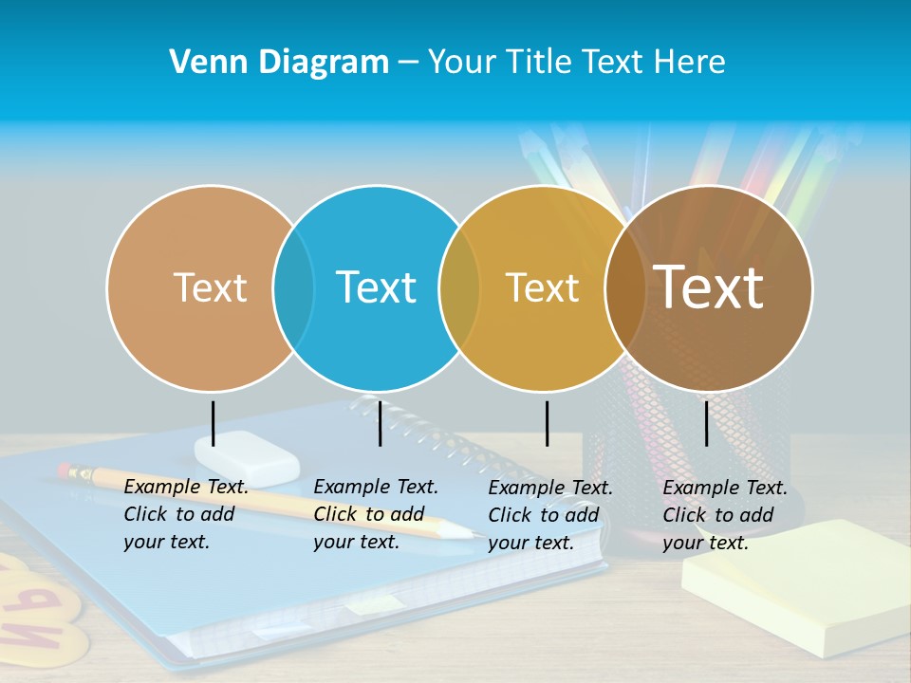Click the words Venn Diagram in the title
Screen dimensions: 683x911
point(279,63)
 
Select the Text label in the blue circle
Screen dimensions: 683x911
point(376,287)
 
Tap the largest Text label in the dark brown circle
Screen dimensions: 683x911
point(708,286)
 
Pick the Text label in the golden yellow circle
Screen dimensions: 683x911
point(542,287)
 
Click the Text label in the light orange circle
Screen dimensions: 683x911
point(210,287)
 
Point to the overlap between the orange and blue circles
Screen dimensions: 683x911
point(293,287)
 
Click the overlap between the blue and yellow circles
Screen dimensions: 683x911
point(459,287)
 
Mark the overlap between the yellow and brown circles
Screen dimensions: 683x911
point(624,287)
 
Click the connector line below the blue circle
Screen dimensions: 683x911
point(380,423)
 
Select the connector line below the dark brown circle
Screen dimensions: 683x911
point(706,423)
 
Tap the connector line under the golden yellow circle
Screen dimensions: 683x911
point(547,423)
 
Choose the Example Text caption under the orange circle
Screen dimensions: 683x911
point(186,514)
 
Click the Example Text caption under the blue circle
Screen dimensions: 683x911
point(376,514)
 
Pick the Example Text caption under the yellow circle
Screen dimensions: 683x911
point(550,515)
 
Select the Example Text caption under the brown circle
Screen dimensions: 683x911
point(725,515)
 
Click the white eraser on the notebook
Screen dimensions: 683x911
point(248,457)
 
